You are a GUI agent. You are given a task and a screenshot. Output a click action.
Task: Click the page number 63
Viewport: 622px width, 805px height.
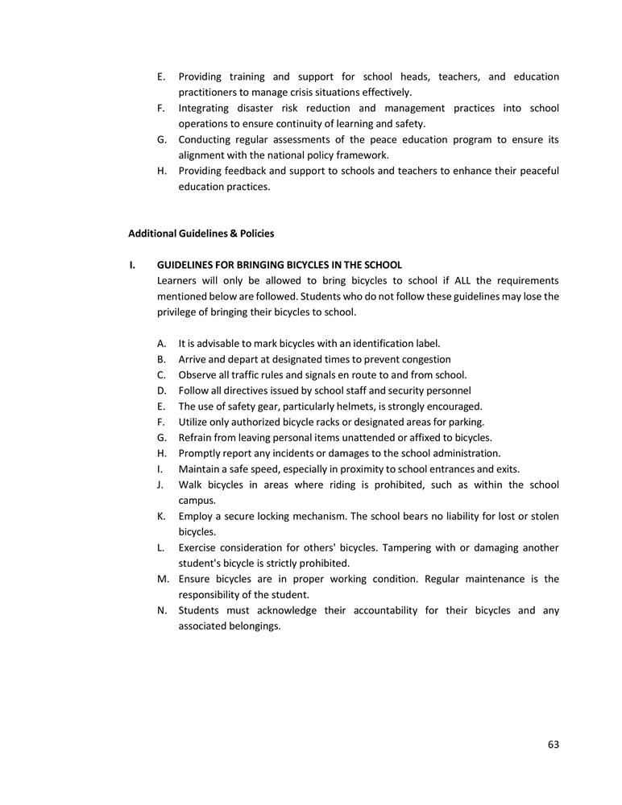pos(553,745)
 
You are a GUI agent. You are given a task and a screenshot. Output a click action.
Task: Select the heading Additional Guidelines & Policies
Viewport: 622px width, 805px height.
pos(201,233)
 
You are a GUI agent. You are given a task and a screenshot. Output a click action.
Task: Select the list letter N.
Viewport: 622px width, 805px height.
pos(162,611)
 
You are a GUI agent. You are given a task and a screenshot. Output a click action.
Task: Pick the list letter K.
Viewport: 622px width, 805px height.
pos(161,517)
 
